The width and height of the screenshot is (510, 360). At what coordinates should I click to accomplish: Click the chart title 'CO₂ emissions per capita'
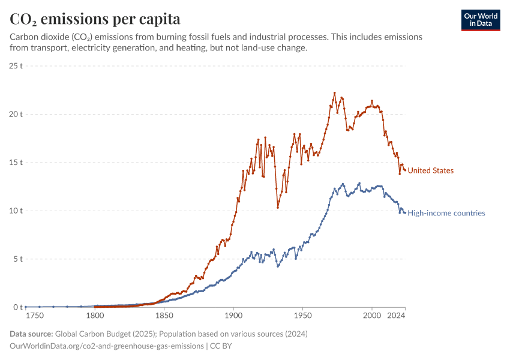95,19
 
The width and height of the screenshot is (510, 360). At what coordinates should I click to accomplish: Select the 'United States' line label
430,171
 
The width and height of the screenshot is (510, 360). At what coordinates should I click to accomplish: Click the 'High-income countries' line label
446,213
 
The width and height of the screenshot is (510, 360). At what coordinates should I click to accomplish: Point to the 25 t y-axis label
16,65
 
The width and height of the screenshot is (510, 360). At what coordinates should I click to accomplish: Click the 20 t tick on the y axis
16,114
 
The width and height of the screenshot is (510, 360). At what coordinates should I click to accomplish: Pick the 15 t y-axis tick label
16,163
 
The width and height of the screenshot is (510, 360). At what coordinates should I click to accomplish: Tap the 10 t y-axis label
16,211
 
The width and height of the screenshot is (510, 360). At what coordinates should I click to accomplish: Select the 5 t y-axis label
17,259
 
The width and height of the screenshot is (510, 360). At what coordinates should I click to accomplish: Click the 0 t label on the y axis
17,307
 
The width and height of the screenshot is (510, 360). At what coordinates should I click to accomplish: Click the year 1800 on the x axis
94,316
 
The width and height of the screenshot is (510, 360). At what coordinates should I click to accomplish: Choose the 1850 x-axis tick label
164,316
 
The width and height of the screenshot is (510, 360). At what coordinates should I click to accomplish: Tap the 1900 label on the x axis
233,316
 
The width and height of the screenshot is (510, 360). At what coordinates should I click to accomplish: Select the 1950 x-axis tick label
303,316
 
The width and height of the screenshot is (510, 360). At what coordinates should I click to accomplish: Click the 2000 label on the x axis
372,316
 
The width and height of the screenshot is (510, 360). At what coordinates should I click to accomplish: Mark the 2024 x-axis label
396,316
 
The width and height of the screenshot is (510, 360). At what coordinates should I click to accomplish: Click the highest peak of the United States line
335,93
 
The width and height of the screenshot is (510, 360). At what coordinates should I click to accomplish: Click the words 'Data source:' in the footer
31,334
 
